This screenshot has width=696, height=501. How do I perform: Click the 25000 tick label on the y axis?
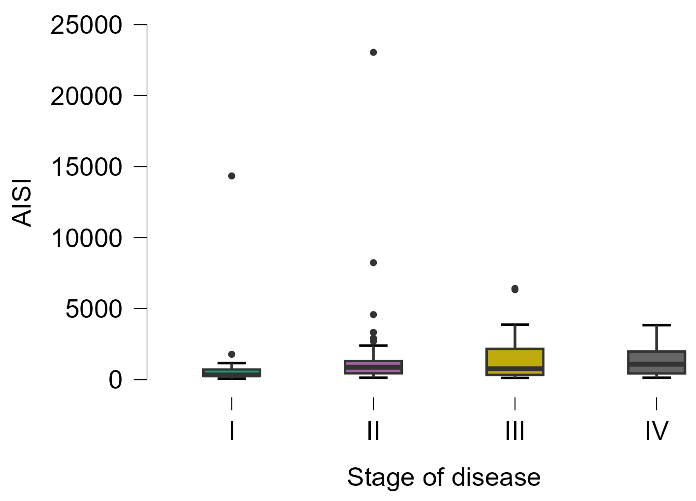86,25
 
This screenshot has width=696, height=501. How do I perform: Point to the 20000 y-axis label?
86,96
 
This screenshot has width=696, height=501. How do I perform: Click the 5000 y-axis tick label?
94,309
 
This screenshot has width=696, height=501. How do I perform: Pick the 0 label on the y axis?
115,380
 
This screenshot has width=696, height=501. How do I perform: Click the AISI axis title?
22,203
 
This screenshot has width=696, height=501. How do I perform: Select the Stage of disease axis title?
444,478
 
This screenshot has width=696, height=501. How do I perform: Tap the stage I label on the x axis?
232,431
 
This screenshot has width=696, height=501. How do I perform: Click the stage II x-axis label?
373,431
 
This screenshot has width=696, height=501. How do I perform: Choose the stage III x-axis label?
515,431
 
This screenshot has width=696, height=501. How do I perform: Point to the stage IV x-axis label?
656,431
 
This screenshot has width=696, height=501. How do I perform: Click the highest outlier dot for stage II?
373,52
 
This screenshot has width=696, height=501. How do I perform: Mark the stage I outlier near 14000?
232,176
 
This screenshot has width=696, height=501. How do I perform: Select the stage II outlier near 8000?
373,263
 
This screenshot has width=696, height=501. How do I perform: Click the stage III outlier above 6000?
515,289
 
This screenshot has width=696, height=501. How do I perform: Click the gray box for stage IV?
656,357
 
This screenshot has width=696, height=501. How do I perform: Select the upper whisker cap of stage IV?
656,325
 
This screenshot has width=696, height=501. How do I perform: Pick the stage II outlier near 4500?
373,315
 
